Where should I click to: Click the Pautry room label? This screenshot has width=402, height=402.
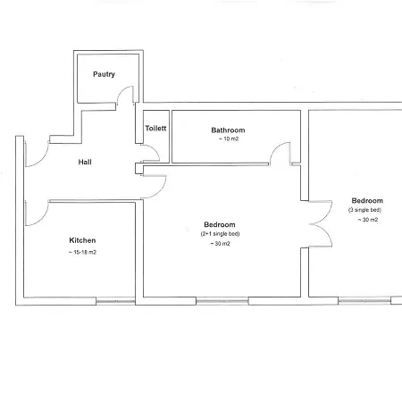[x=104, y=74]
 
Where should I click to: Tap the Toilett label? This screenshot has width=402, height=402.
[x=155, y=128]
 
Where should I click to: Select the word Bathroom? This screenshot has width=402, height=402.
[x=228, y=130]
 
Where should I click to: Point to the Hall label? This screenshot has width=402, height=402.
[x=85, y=162]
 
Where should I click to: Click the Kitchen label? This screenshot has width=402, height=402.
[x=82, y=240]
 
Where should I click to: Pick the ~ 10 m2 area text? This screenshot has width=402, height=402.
[x=229, y=138]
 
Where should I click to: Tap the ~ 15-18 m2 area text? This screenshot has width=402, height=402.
[x=82, y=252]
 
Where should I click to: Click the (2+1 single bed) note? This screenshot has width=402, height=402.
[x=220, y=234]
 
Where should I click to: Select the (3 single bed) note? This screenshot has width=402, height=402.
[x=364, y=210]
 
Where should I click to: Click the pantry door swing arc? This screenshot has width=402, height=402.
[x=121, y=90]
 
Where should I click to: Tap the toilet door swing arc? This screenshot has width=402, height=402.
[x=155, y=150]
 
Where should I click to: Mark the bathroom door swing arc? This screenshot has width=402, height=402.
[x=275, y=148]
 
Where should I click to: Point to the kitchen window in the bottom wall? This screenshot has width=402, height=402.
[x=115, y=301]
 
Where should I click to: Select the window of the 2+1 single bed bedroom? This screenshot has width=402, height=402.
[x=222, y=301]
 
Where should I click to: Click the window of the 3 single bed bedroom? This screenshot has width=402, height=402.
[x=364, y=301]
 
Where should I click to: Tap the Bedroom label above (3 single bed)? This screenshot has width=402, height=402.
[x=367, y=200]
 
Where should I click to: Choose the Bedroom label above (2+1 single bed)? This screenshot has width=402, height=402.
[x=220, y=224]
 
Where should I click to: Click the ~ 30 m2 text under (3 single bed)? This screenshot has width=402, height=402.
[x=368, y=220]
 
